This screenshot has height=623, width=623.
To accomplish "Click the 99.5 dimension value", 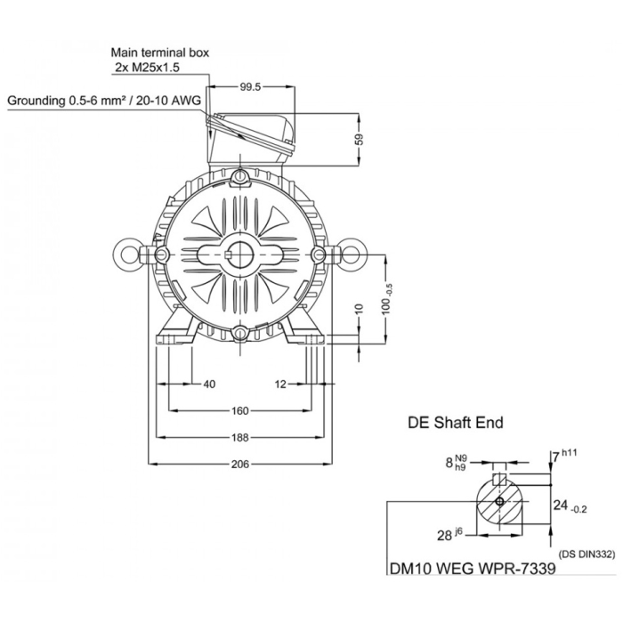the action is (250, 87).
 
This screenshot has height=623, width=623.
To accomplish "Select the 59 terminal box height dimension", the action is (359, 139).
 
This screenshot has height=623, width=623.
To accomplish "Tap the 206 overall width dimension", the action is (240, 464).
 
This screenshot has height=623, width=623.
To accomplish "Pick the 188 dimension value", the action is (240, 438).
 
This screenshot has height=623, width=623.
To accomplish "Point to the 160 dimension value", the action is (240, 410).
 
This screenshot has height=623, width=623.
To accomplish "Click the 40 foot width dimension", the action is (209, 384).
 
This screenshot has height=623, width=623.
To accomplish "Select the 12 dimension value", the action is (280, 384).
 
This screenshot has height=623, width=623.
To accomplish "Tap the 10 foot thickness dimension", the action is (359, 309).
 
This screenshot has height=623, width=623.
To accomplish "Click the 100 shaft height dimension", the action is (387, 299).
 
